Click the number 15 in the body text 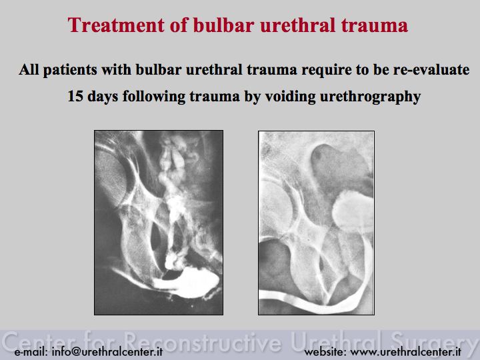coord(75,96)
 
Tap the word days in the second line coord(103,97)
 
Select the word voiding coord(290,97)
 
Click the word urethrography coord(371,97)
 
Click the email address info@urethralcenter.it coord(107,352)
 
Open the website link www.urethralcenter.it coord(405,352)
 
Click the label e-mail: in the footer coord(31,352)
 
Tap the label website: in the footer coord(325,352)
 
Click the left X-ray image coord(159,223)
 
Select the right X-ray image coord(316,223)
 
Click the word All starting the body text coord(29,70)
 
